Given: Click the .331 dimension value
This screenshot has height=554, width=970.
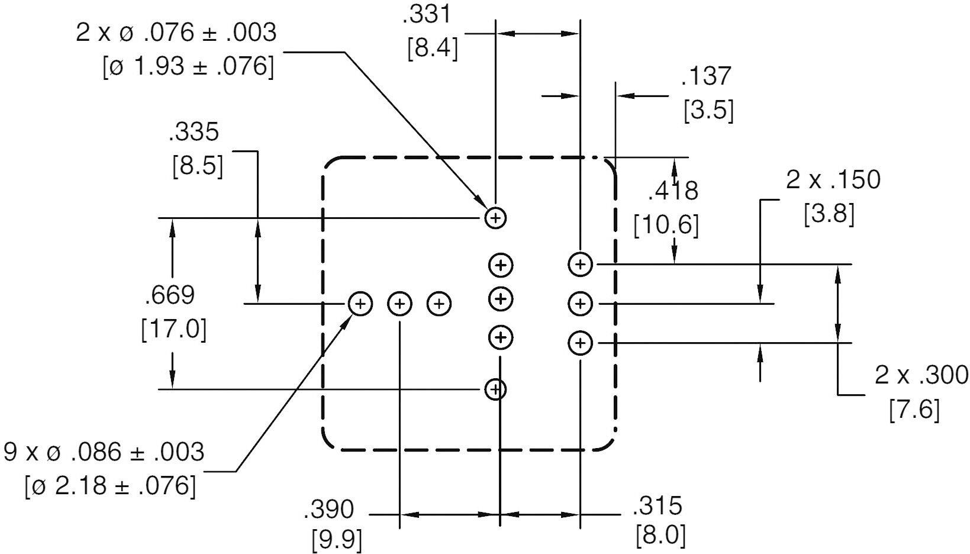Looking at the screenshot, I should tap(426, 14).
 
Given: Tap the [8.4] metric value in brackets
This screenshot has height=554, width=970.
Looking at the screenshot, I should tap(433, 48).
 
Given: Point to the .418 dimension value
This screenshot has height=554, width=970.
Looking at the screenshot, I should tap(673, 191).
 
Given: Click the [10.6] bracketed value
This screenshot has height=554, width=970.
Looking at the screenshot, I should tap(666, 225).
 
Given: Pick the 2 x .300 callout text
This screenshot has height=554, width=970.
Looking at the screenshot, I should tap(921, 375).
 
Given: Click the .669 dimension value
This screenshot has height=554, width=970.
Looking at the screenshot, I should tap(169, 295).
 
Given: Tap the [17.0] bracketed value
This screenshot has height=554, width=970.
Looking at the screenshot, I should tap(173, 329).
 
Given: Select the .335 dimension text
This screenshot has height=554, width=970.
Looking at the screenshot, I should tap(194, 133).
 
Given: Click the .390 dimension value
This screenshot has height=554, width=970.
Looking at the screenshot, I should tap(328, 509).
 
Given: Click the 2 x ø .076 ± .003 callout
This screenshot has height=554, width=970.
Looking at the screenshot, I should tap(176, 33).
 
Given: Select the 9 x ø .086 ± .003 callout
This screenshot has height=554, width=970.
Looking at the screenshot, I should tap(104, 453).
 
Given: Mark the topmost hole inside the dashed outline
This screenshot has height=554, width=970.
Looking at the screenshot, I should tap(496, 218).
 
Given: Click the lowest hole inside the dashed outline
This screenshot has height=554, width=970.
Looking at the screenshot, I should tap(495, 389).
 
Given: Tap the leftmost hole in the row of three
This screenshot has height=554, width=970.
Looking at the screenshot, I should tap(360, 304).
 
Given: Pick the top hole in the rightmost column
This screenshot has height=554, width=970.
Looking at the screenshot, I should tap(580, 264).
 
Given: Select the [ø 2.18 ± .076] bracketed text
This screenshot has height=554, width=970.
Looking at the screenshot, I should tap(110, 487).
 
